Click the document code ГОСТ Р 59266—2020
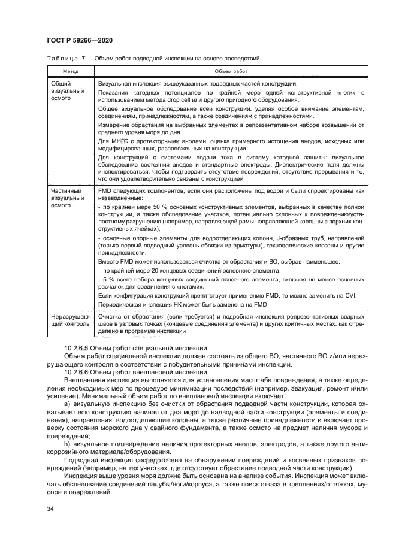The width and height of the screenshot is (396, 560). [x=80, y=40]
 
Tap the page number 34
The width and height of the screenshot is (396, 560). [x=50, y=508]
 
